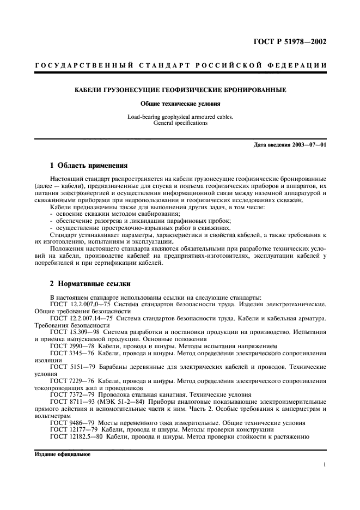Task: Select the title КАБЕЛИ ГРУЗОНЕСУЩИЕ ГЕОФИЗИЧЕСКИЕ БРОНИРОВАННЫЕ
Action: point(180,89)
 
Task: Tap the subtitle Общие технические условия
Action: point(180,104)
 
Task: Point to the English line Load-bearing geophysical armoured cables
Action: point(180,117)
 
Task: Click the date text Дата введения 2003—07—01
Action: point(290,144)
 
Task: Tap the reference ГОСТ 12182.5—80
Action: point(72,436)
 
